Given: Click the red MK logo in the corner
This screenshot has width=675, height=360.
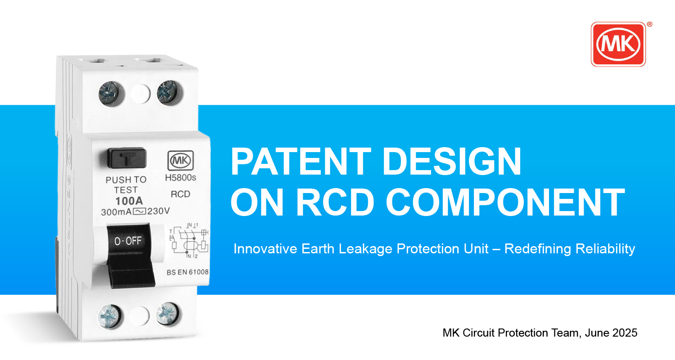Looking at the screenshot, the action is coord(618,44).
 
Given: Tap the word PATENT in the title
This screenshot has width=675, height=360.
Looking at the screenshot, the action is coord(301,162).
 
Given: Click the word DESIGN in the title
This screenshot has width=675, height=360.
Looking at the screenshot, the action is coord(452,162).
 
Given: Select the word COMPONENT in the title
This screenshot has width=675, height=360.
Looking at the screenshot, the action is coord(505,202).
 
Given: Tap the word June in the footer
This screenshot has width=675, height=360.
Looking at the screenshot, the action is coord(593,333).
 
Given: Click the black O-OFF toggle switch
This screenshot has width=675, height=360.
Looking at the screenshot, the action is coord(130,255).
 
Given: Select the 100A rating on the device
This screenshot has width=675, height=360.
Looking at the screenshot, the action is coord(129,201).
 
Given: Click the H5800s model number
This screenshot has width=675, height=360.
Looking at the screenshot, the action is coord(180,178).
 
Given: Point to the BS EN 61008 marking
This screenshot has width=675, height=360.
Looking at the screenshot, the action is coord(188,272).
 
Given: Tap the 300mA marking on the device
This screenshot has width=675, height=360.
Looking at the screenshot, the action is coord(116,212).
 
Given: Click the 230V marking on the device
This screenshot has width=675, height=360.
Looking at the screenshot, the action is coord(158,211).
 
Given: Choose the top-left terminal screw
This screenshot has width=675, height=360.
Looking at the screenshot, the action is coord(110,94).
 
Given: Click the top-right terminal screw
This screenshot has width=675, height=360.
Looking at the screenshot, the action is coord(168,92).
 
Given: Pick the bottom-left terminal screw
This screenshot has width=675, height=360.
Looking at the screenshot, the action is coord(110,316).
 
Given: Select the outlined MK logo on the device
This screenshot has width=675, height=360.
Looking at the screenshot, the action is coord(180,161).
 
